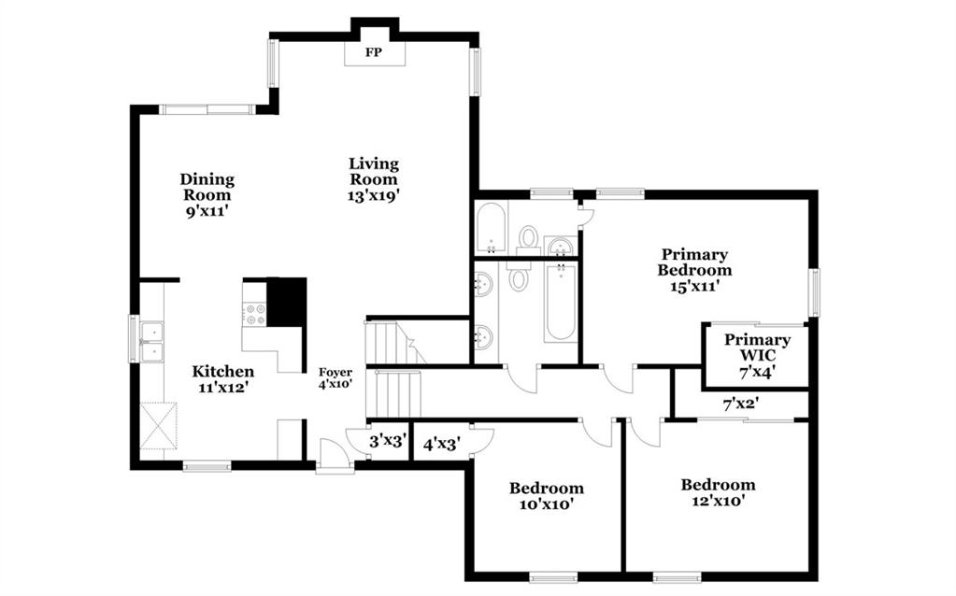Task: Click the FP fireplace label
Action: coord(373,52)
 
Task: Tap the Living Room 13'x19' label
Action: coord(374,179)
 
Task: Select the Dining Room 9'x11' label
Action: coord(207,195)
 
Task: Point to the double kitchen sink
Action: coord(151,341)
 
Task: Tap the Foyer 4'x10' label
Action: coord(335,378)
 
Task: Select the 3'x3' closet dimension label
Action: coord(387,441)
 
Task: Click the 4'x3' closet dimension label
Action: coord(441,445)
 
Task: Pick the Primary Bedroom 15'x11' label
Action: coord(694,270)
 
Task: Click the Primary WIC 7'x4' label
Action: coord(757,356)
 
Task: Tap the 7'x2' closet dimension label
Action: coord(740,404)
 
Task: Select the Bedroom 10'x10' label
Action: coord(547,495)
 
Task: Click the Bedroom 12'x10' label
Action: coord(718,492)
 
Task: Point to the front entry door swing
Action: coord(335,453)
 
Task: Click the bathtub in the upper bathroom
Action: coord(491,229)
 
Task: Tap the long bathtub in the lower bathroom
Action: coord(561,303)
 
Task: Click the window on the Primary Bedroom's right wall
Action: coord(815,292)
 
